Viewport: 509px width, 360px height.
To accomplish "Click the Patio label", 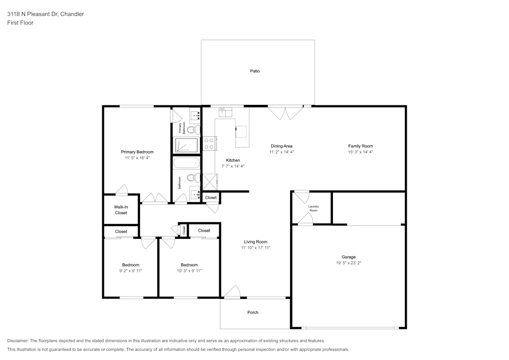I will [254, 71].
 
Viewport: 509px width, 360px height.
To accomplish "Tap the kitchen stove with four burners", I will [209, 144].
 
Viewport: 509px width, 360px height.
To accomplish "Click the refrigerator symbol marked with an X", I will [210, 181].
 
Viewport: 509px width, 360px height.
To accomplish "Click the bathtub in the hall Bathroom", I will [186, 163].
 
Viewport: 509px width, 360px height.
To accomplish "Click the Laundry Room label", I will [314, 208].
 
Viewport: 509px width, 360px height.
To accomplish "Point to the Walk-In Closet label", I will [121, 210].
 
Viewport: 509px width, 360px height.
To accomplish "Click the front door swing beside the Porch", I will [232, 291].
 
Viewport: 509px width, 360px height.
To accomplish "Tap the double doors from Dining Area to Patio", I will [286, 113].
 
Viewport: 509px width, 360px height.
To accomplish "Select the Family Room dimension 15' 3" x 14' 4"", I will [360, 152].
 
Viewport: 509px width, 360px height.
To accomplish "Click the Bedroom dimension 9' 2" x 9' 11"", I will [130, 271].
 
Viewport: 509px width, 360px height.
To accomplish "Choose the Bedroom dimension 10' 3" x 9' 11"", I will [189, 271].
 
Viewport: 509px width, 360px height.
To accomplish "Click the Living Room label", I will [256, 242].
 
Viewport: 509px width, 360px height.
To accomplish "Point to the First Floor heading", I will [20, 23].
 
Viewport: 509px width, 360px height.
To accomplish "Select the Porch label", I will [252, 312].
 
